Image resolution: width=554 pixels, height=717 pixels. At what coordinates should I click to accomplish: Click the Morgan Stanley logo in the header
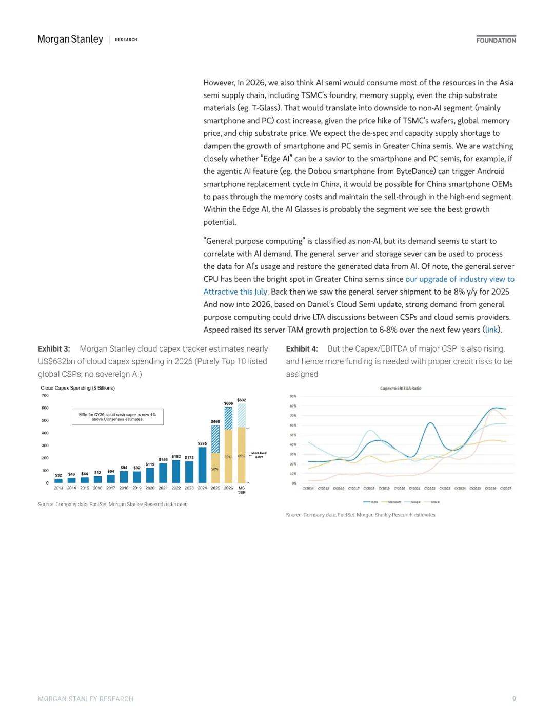point(70,40)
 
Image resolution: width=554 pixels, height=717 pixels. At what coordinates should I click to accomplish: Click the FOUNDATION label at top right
point(496,40)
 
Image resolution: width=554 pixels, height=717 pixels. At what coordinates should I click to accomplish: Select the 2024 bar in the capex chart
point(202,465)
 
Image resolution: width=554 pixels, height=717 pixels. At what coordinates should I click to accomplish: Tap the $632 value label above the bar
point(242,400)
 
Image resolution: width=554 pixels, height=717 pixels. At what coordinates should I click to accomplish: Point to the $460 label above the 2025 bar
point(215,421)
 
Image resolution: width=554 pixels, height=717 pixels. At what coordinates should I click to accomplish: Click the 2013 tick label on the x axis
point(58,488)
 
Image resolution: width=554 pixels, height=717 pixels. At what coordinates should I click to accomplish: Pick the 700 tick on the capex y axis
point(45,396)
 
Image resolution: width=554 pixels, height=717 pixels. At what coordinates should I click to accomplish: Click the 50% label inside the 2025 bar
point(215,469)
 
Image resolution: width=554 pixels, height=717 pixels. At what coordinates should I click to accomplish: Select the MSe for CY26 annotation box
point(117,417)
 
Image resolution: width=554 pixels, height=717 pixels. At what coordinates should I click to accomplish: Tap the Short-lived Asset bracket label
point(259,455)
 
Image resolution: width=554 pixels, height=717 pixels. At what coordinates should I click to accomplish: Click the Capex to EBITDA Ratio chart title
point(401,389)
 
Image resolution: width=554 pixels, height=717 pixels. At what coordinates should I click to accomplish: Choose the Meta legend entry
point(371,502)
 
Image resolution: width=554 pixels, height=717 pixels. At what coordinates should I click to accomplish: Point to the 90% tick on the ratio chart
point(293,396)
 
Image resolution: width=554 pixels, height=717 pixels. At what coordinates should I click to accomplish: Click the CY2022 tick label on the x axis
point(430,489)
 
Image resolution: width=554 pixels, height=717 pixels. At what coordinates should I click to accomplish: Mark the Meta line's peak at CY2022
point(430,423)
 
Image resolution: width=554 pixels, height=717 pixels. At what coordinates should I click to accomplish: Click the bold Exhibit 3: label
point(54,349)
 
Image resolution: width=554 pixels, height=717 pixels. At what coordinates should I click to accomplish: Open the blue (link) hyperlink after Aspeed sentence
point(491,330)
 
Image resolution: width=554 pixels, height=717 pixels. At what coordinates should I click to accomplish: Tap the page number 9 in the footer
point(514,699)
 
